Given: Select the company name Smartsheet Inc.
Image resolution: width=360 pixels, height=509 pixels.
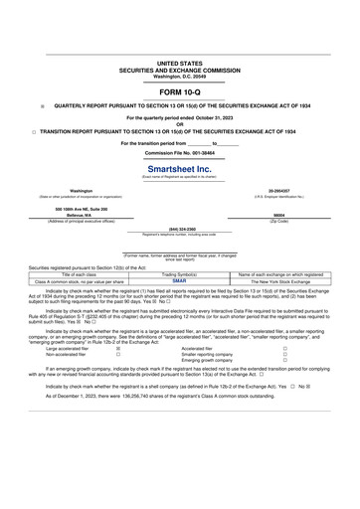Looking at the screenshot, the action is [x=179, y=169].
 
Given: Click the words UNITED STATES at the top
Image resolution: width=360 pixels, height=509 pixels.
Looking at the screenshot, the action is [x=179, y=62].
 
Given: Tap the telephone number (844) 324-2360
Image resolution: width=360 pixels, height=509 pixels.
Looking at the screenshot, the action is [x=180, y=228].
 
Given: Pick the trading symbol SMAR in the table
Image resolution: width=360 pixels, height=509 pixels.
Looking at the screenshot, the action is [x=179, y=281].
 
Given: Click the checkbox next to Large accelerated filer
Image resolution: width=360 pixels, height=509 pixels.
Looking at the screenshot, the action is [x=118, y=349].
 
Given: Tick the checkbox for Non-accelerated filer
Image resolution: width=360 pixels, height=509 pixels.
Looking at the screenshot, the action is [x=118, y=355].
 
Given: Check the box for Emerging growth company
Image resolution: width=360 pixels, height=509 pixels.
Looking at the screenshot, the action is [x=284, y=361].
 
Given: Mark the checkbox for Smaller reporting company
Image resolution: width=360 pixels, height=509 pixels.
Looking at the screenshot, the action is [x=284, y=355].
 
